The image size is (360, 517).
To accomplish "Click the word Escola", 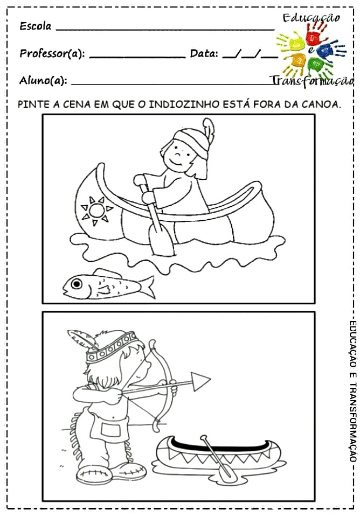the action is pos(36,26).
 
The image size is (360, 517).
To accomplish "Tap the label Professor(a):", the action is pos(52,53).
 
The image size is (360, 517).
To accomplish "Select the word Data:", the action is pos(204,53).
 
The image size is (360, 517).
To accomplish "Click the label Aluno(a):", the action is pos(43,80).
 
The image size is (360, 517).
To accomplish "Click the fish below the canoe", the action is pos(109,284).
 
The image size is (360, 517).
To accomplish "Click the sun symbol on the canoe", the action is pos(96,211).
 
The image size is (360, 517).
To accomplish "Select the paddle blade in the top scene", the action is pos(161,241).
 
